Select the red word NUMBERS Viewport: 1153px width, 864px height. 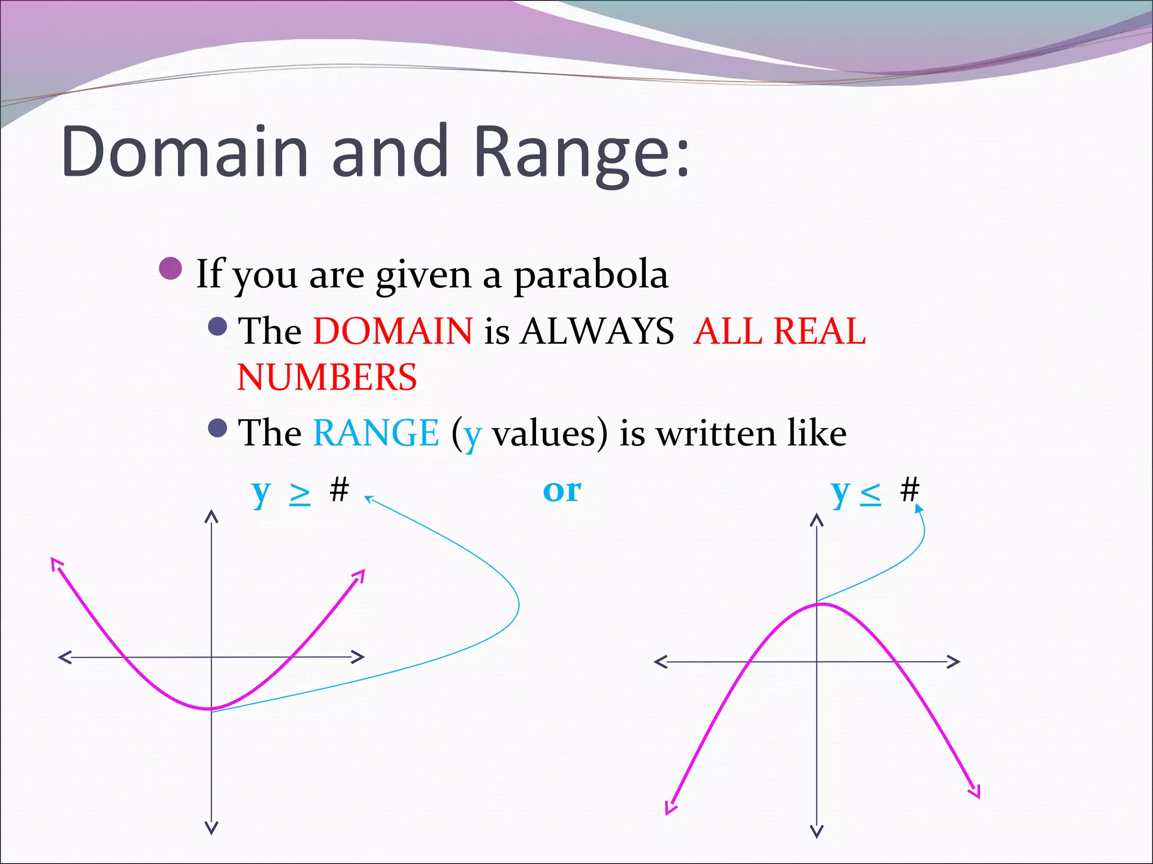click(x=327, y=377)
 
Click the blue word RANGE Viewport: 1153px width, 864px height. click(x=376, y=433)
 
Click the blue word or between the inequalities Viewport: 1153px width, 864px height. click(x=562, y=490)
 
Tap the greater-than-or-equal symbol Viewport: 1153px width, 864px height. click(x=300, y=493)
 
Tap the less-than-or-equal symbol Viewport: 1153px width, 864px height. click(x=870, y=493)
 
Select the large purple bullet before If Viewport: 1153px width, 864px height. click(x=171, y=269)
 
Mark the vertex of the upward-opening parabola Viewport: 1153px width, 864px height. click(x=211, y=708)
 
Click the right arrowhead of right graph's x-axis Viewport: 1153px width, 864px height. click(x=954, y=661)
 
